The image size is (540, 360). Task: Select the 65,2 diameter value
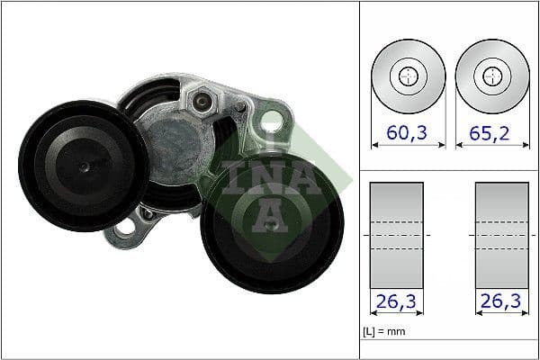click(490, 134)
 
